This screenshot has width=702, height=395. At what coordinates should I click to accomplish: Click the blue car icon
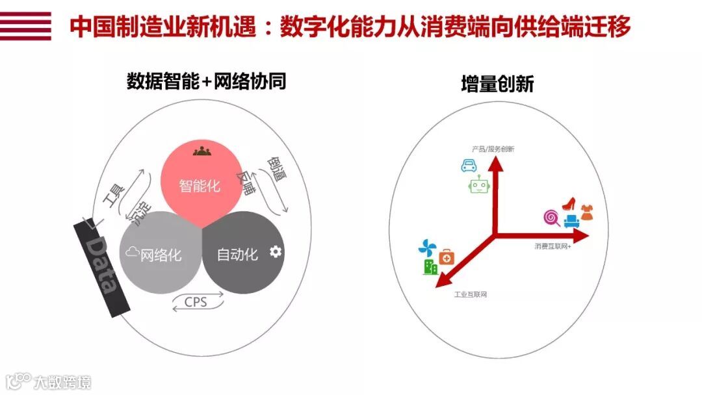coord(469,165)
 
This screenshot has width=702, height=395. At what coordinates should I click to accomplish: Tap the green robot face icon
coord(478,186)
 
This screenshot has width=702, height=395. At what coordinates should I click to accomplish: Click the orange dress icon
coord(588,210)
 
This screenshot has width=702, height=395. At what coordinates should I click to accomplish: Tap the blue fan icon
coord(427,248)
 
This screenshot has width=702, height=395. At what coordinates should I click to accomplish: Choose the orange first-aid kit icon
coord(447,257)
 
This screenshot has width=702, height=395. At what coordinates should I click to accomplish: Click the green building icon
coord(430,266)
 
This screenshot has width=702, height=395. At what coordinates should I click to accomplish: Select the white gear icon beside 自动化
coord(276,251)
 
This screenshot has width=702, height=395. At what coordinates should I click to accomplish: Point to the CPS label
coord(195,302)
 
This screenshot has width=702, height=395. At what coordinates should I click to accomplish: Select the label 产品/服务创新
coord(493,149)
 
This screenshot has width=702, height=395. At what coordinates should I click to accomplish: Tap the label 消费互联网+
coord(552,246)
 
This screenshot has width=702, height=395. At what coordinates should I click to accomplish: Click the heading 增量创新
coord(497,84)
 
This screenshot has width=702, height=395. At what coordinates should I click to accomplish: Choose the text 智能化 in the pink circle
coord(200,186)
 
